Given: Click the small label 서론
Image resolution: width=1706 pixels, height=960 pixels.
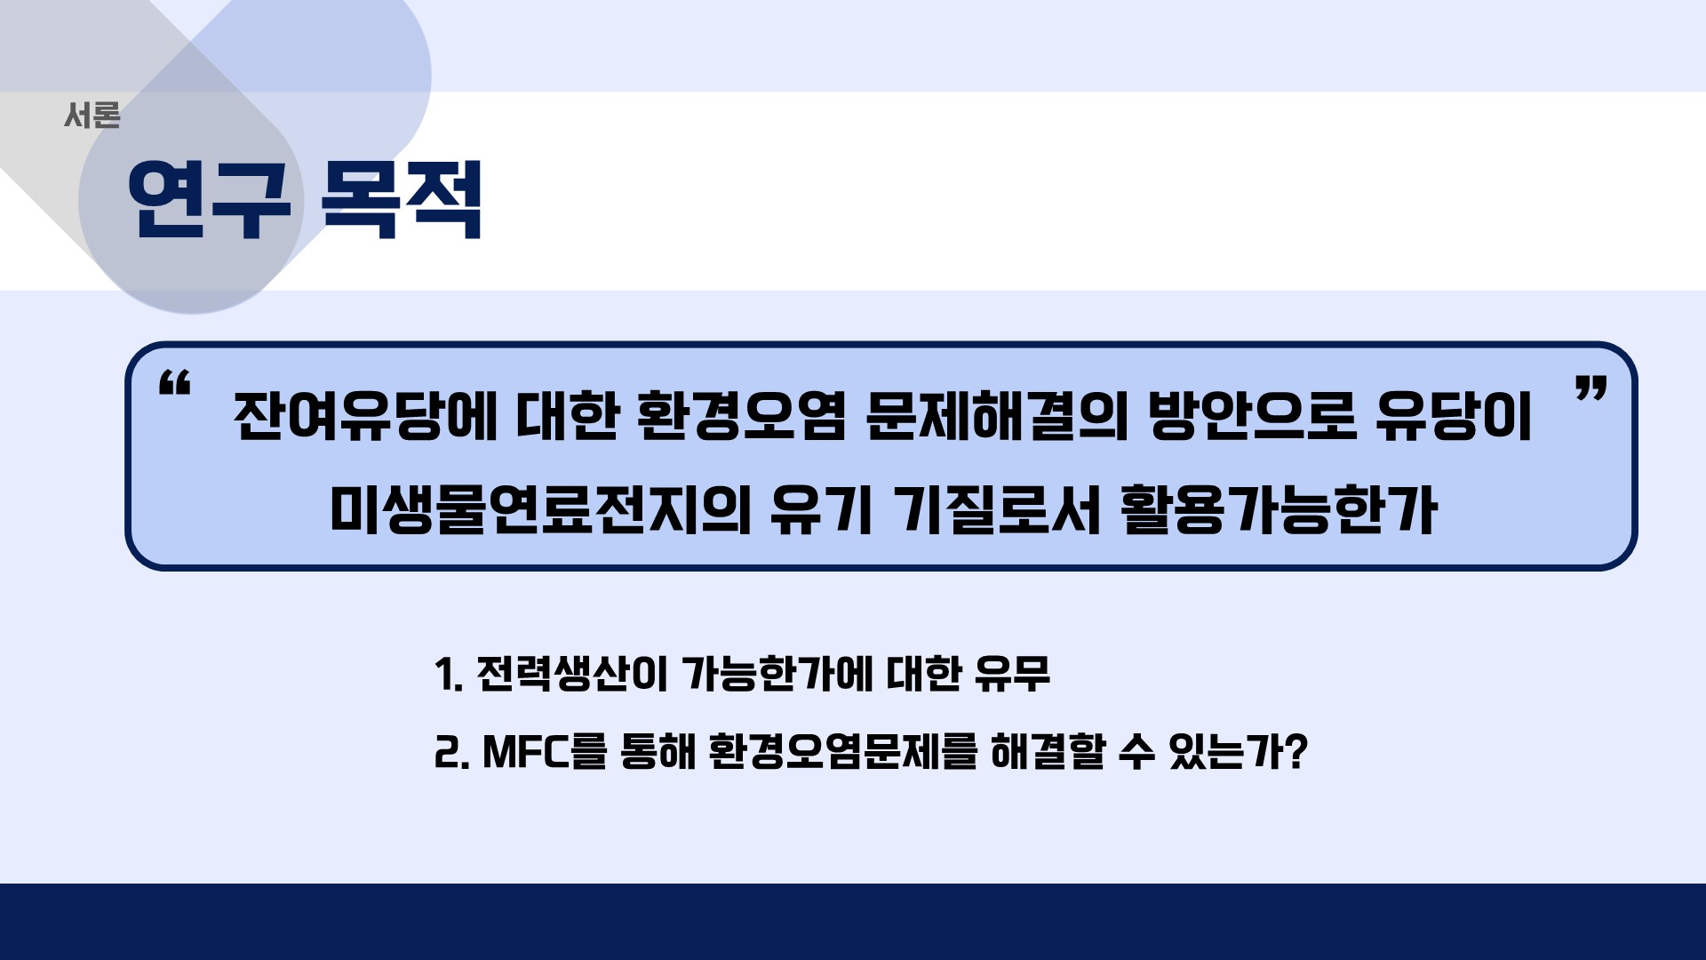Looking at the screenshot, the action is (92, 116).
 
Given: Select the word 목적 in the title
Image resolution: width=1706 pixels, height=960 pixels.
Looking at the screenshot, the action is (402, 200).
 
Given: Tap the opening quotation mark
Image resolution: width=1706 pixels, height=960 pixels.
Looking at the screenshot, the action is (174, 383).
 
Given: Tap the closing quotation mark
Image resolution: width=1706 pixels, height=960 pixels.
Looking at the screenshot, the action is (1590, 388).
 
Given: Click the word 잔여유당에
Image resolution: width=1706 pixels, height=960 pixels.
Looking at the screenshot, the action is (365, 416).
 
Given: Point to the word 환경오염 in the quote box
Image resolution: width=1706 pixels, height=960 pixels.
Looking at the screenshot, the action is (742, 416).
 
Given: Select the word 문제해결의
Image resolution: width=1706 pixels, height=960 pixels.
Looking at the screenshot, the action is (997, 416).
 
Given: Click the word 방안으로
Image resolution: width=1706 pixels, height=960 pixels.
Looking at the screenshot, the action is (1252, 416).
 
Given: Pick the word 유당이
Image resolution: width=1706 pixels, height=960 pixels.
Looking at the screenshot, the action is (1454, 416).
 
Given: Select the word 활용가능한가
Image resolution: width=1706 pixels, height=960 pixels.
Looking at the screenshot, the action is (1279, 510).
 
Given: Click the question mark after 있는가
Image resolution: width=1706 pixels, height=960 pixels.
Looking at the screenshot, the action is (1296, 752).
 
